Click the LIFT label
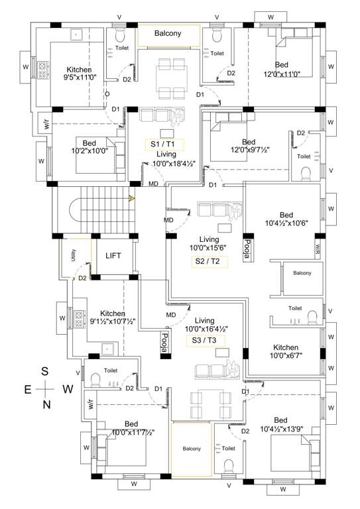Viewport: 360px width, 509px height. coord(113,255)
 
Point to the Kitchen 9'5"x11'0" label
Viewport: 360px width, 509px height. coord(79,73)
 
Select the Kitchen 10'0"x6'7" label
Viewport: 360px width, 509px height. coord(285,352)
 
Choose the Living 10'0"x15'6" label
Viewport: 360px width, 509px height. coord(210,243)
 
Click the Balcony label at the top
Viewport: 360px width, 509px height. coord(168,34)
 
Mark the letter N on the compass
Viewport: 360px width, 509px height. coord(46,404)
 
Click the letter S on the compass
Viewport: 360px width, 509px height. coord(46,371)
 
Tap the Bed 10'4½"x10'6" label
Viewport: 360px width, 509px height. coord(286,219)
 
